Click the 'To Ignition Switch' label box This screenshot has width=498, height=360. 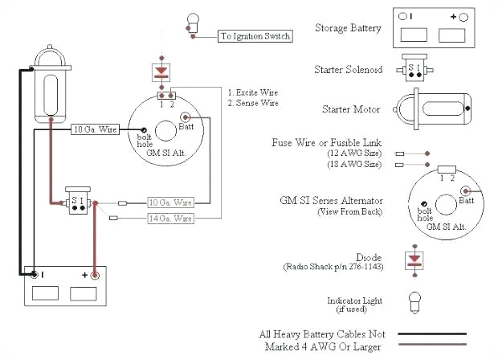(x=255, y=36)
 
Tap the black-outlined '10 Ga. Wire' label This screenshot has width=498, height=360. (x=96, y=129)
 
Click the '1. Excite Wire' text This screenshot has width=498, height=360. (x=253, y=92)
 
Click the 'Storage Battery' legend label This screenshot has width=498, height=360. (x=348, y=27)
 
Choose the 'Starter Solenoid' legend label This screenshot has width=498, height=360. (x=347, y=70)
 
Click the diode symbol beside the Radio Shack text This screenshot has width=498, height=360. (x=414, y=260)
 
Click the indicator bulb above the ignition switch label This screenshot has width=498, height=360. (x=192, y=22)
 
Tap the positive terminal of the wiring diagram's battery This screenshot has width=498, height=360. (x=96, y=276)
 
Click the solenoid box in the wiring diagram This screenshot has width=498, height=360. (x=78, y=202)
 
